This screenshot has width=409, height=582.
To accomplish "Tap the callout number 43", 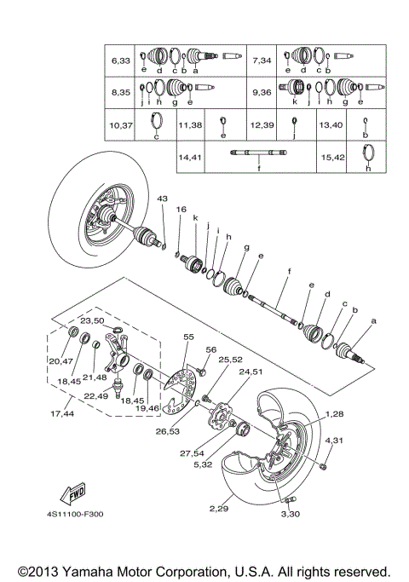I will [x=163, y=199].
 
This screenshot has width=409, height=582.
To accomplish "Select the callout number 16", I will [x=181, y=209].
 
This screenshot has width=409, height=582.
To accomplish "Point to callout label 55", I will [x=189, y=337].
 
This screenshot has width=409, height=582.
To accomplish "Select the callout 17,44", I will [x=62, y=412].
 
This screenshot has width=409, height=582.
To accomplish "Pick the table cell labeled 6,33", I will [x=119, y=61].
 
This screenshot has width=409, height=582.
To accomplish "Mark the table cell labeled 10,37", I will [x=119, y=125].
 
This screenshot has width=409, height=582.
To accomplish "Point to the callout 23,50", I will [x=92, y=320].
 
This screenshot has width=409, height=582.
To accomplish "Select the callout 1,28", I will [x=333, y=412].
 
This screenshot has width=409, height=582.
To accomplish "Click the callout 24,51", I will [x=251, y=371].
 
